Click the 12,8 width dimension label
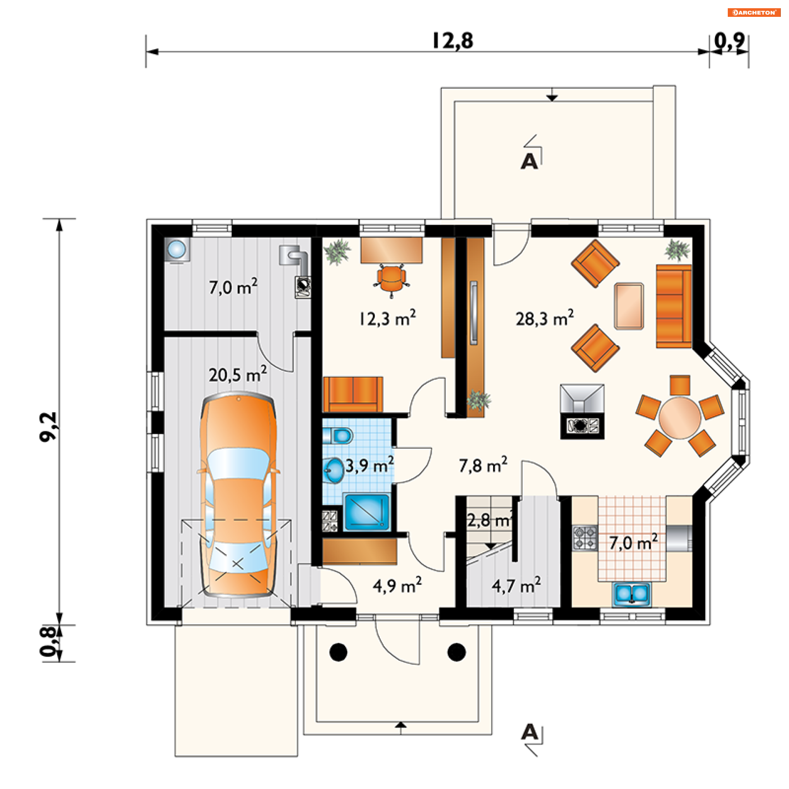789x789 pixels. click(452, 41)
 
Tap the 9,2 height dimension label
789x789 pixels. click(48, 427)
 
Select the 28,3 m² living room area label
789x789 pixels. click(544, 318)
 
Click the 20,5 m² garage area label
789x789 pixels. click(238, 374)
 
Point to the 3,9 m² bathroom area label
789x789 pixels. click(369, 465)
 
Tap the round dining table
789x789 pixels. click(680, 418)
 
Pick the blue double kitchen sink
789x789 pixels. click(632, 594)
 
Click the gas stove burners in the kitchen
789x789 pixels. click(585, 538)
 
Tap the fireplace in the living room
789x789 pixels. click(582, 411)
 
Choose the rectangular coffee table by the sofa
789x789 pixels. click(629, 306)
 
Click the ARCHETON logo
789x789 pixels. click(754, 12)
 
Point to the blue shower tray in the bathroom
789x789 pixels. click(367, 512)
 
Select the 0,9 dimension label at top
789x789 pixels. click(729, 41)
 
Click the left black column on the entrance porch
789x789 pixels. click(339, 652)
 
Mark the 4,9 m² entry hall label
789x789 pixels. click(397, 585)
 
